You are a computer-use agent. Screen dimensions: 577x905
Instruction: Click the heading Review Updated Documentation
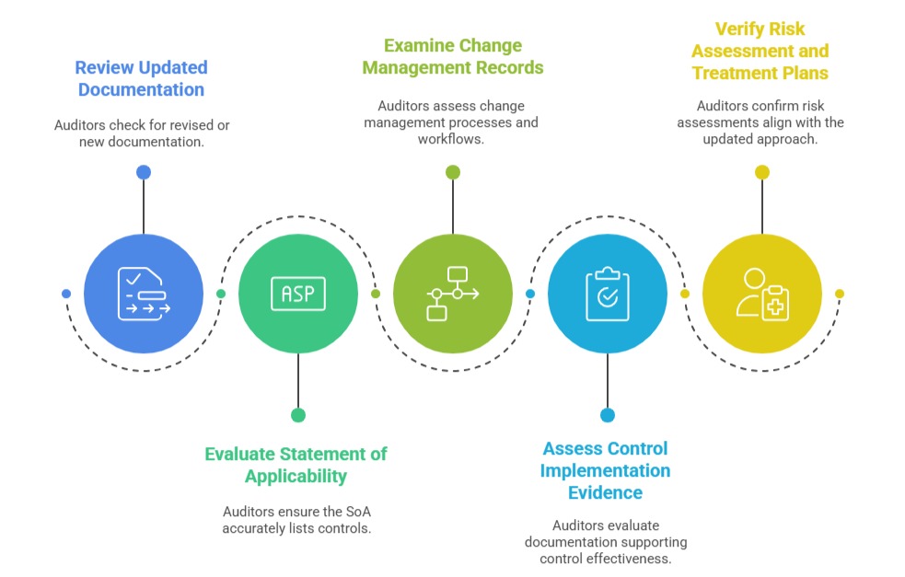click(x=141, y=78)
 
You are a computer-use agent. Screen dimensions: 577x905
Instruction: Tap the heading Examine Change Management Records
click(x=452, y=56)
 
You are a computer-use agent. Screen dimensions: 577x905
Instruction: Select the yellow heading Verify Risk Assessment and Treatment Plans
click(x=760, y=51)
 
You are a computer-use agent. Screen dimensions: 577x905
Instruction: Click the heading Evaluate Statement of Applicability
click(x=296, y=465)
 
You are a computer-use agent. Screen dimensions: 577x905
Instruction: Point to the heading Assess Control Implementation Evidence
click(x=605, y=470)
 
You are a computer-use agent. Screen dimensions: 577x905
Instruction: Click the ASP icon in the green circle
click(x=297, y=294)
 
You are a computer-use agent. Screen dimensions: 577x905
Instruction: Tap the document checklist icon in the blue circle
click(x=144, y=294)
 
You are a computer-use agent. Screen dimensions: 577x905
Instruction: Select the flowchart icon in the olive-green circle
click(x=452, y=294)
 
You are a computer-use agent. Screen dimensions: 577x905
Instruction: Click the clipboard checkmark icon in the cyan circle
click(x=607, y=294)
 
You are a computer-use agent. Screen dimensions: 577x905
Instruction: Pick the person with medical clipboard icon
click(x=761, y=294)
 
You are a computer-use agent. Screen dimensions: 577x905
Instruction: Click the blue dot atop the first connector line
click(x=143, y=172)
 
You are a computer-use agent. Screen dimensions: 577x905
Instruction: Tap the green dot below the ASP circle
click(x=297, y=415)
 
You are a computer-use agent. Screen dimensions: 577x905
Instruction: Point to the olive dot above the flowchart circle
click(x=452, y=172)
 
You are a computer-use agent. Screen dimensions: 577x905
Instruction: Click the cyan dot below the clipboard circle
click(x=607, y=415)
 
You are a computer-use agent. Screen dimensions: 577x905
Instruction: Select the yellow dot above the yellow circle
click(x=761, y=172)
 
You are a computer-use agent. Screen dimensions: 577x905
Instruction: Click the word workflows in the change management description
click(x=452, y=139)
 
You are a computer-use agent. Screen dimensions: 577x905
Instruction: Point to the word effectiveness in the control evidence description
click(x=636, y=559)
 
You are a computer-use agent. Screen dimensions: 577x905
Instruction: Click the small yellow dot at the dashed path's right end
click(x=839, y=294)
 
